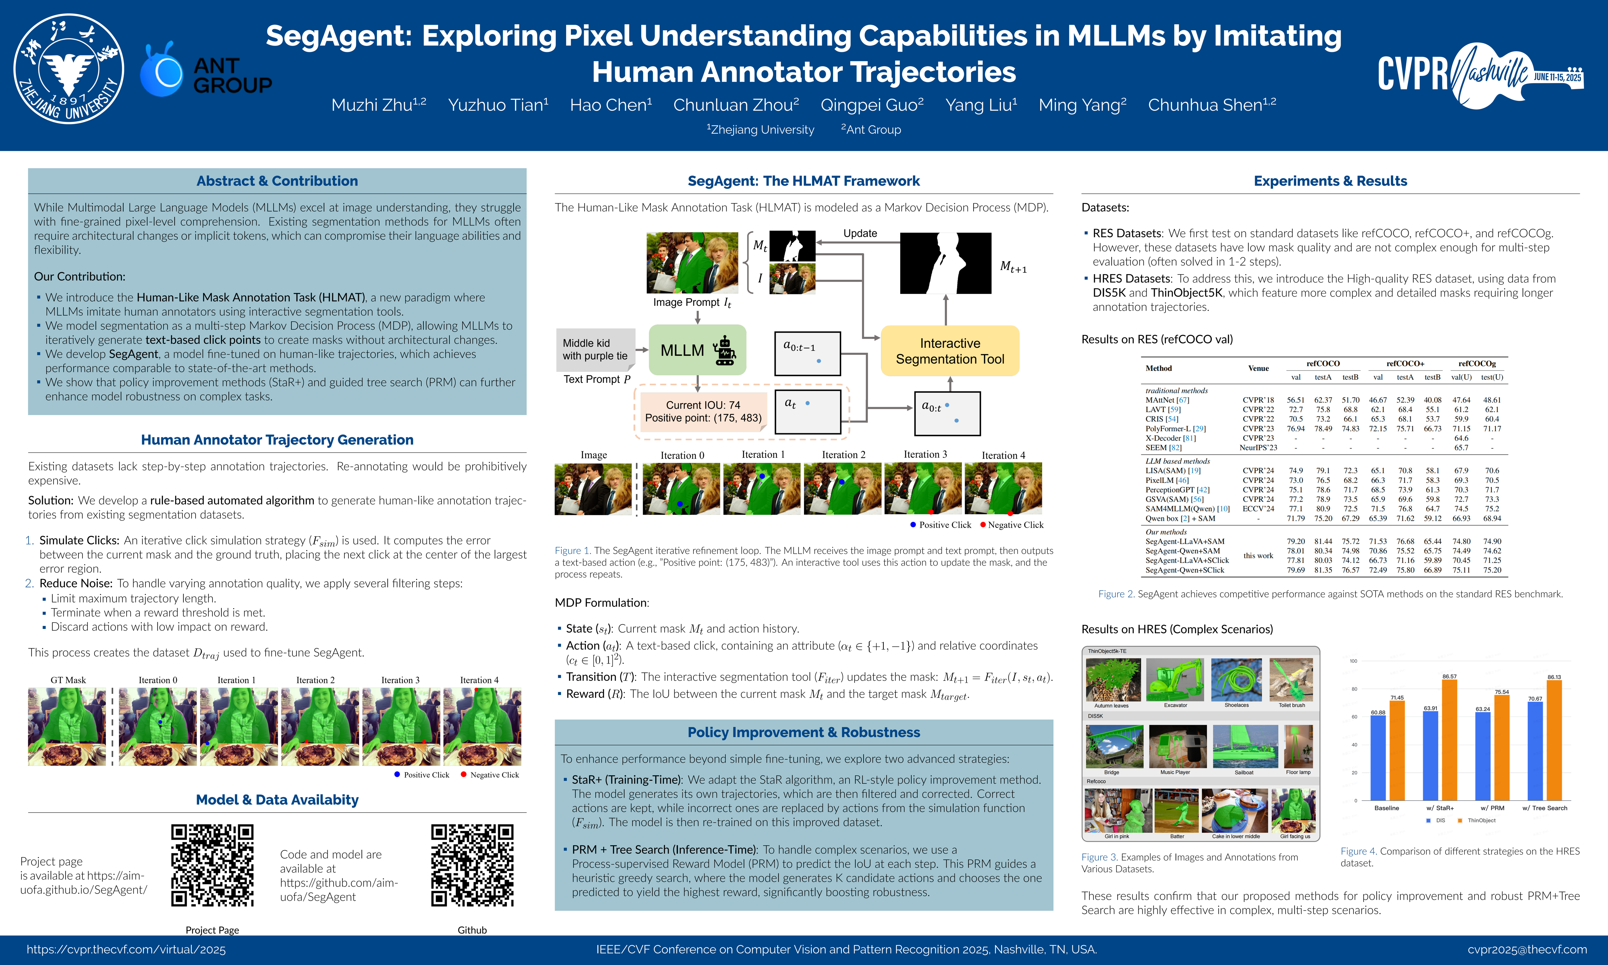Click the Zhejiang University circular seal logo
(69, 69)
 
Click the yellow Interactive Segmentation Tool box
(950, 351)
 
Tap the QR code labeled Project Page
(212, 865)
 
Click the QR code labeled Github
(473, 865)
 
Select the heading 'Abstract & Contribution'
(277, 181)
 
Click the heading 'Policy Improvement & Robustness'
(804, 732)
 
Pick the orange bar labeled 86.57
(1450, 740)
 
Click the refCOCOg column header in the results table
(1477, 364)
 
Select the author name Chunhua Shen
(1212, 105)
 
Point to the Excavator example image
(1175, 680)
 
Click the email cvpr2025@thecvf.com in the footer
(1527, 949)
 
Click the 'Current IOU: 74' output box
(702, 411)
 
